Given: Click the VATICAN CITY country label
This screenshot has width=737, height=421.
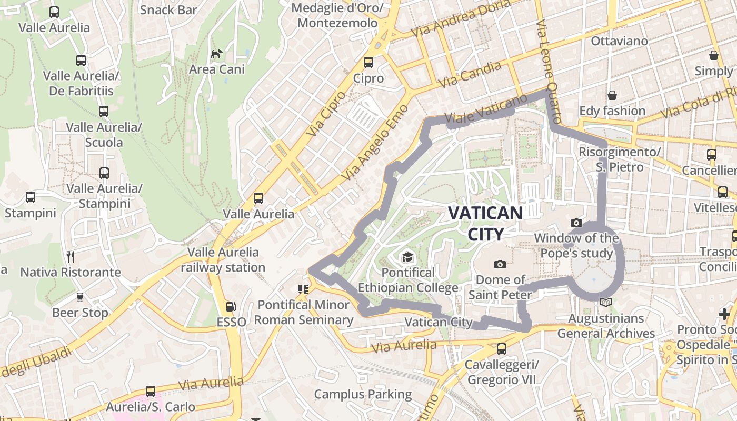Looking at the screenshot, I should (x=485, y=223).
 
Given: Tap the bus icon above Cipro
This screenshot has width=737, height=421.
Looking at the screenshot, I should (x=368, y=62).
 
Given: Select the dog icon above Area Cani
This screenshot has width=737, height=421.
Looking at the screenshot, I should (x=216, y=53).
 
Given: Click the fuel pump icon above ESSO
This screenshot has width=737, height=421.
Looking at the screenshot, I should (x=230, y=306).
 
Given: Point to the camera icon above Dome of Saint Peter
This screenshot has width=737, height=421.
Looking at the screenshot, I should (x=500, y=264).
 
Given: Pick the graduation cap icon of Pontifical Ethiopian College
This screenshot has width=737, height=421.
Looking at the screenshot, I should (x=407, y=257).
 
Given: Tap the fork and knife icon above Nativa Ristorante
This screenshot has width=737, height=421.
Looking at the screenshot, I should (x=71, y=256).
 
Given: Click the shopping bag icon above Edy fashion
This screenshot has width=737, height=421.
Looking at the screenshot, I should (x=612, y=95).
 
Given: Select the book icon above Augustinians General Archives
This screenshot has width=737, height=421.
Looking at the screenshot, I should (x=606, y=303).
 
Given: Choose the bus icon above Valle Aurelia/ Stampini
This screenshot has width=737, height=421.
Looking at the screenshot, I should (x=104, y=173).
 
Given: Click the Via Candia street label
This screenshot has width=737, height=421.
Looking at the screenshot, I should (x=470, y=75).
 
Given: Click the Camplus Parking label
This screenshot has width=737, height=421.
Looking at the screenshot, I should (x=363, y=394).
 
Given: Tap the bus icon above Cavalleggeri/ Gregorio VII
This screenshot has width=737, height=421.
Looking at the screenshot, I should (x=501, y=348).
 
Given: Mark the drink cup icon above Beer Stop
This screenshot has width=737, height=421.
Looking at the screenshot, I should (x=79, y=297).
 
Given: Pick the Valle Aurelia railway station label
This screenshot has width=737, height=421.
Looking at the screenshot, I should (x=223, y=260).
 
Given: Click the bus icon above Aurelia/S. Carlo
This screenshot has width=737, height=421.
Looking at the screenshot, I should (x=151, y=391).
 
